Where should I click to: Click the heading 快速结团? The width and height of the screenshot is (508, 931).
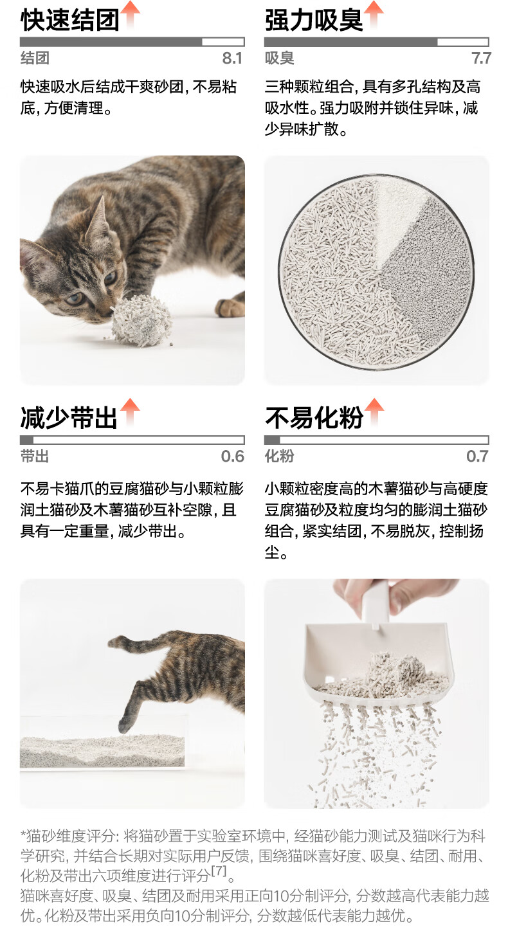point(70,20)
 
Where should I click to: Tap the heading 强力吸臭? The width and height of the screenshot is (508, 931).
point(314,20)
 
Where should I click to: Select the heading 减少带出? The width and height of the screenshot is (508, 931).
point(69,418)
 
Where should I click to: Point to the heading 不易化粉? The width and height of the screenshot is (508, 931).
point(314,418)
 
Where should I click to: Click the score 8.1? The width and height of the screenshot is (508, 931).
point(232,59)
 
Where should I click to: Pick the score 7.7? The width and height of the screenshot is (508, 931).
point(482,59)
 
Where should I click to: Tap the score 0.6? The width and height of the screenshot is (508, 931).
point(232,456)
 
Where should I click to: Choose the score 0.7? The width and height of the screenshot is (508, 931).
point(477,456)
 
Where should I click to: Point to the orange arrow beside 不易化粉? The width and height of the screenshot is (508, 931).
point(374,411)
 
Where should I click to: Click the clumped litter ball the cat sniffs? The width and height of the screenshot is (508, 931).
point(141,320)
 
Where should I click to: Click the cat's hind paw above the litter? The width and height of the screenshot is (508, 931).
point(127,723)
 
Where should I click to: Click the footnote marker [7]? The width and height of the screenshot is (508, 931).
point(219,871)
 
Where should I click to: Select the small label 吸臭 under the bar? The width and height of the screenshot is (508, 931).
point(279,59)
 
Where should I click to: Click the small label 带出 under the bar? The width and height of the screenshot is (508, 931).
point(35,456)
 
